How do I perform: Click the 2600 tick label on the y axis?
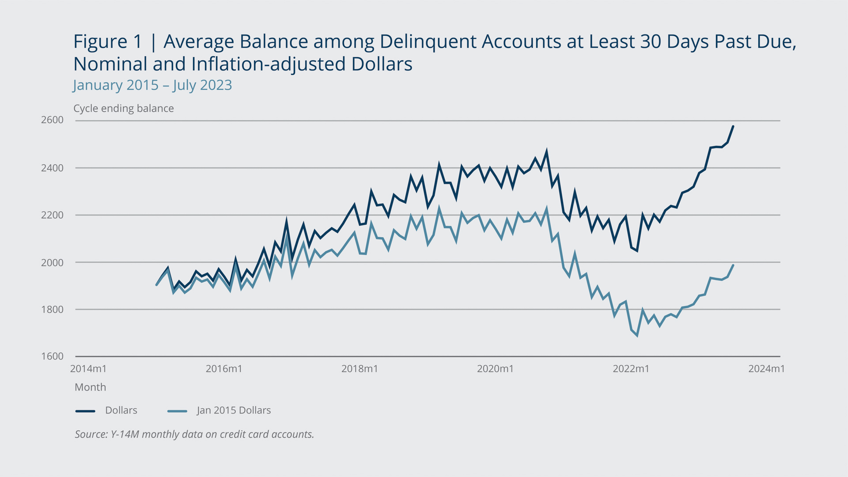tap(52, 120)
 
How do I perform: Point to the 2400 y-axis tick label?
tap(52, 168)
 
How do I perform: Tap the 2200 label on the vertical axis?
tap(52, 215)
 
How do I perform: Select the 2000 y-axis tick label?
tap(52, 262)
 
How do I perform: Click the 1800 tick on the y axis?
tap(52, 310)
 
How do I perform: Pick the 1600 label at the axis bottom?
tap(52, 356)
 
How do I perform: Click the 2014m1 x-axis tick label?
tap(88, 369)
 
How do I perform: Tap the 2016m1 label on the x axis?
tap(224, 369)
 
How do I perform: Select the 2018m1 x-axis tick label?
tap(360, 369)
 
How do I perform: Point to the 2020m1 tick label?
tap(495, 369)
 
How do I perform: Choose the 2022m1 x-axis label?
tap(631, 369)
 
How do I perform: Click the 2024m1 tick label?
tap(766, 369)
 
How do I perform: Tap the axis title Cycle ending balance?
tap(124, 109)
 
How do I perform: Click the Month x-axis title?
tap(91, 387)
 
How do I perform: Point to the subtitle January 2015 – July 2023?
tap(152, 85)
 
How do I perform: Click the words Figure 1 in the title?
tap(108, 42)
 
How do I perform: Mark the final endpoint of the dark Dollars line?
tap(733, 126)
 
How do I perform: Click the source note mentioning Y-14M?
tap(194, 434)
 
